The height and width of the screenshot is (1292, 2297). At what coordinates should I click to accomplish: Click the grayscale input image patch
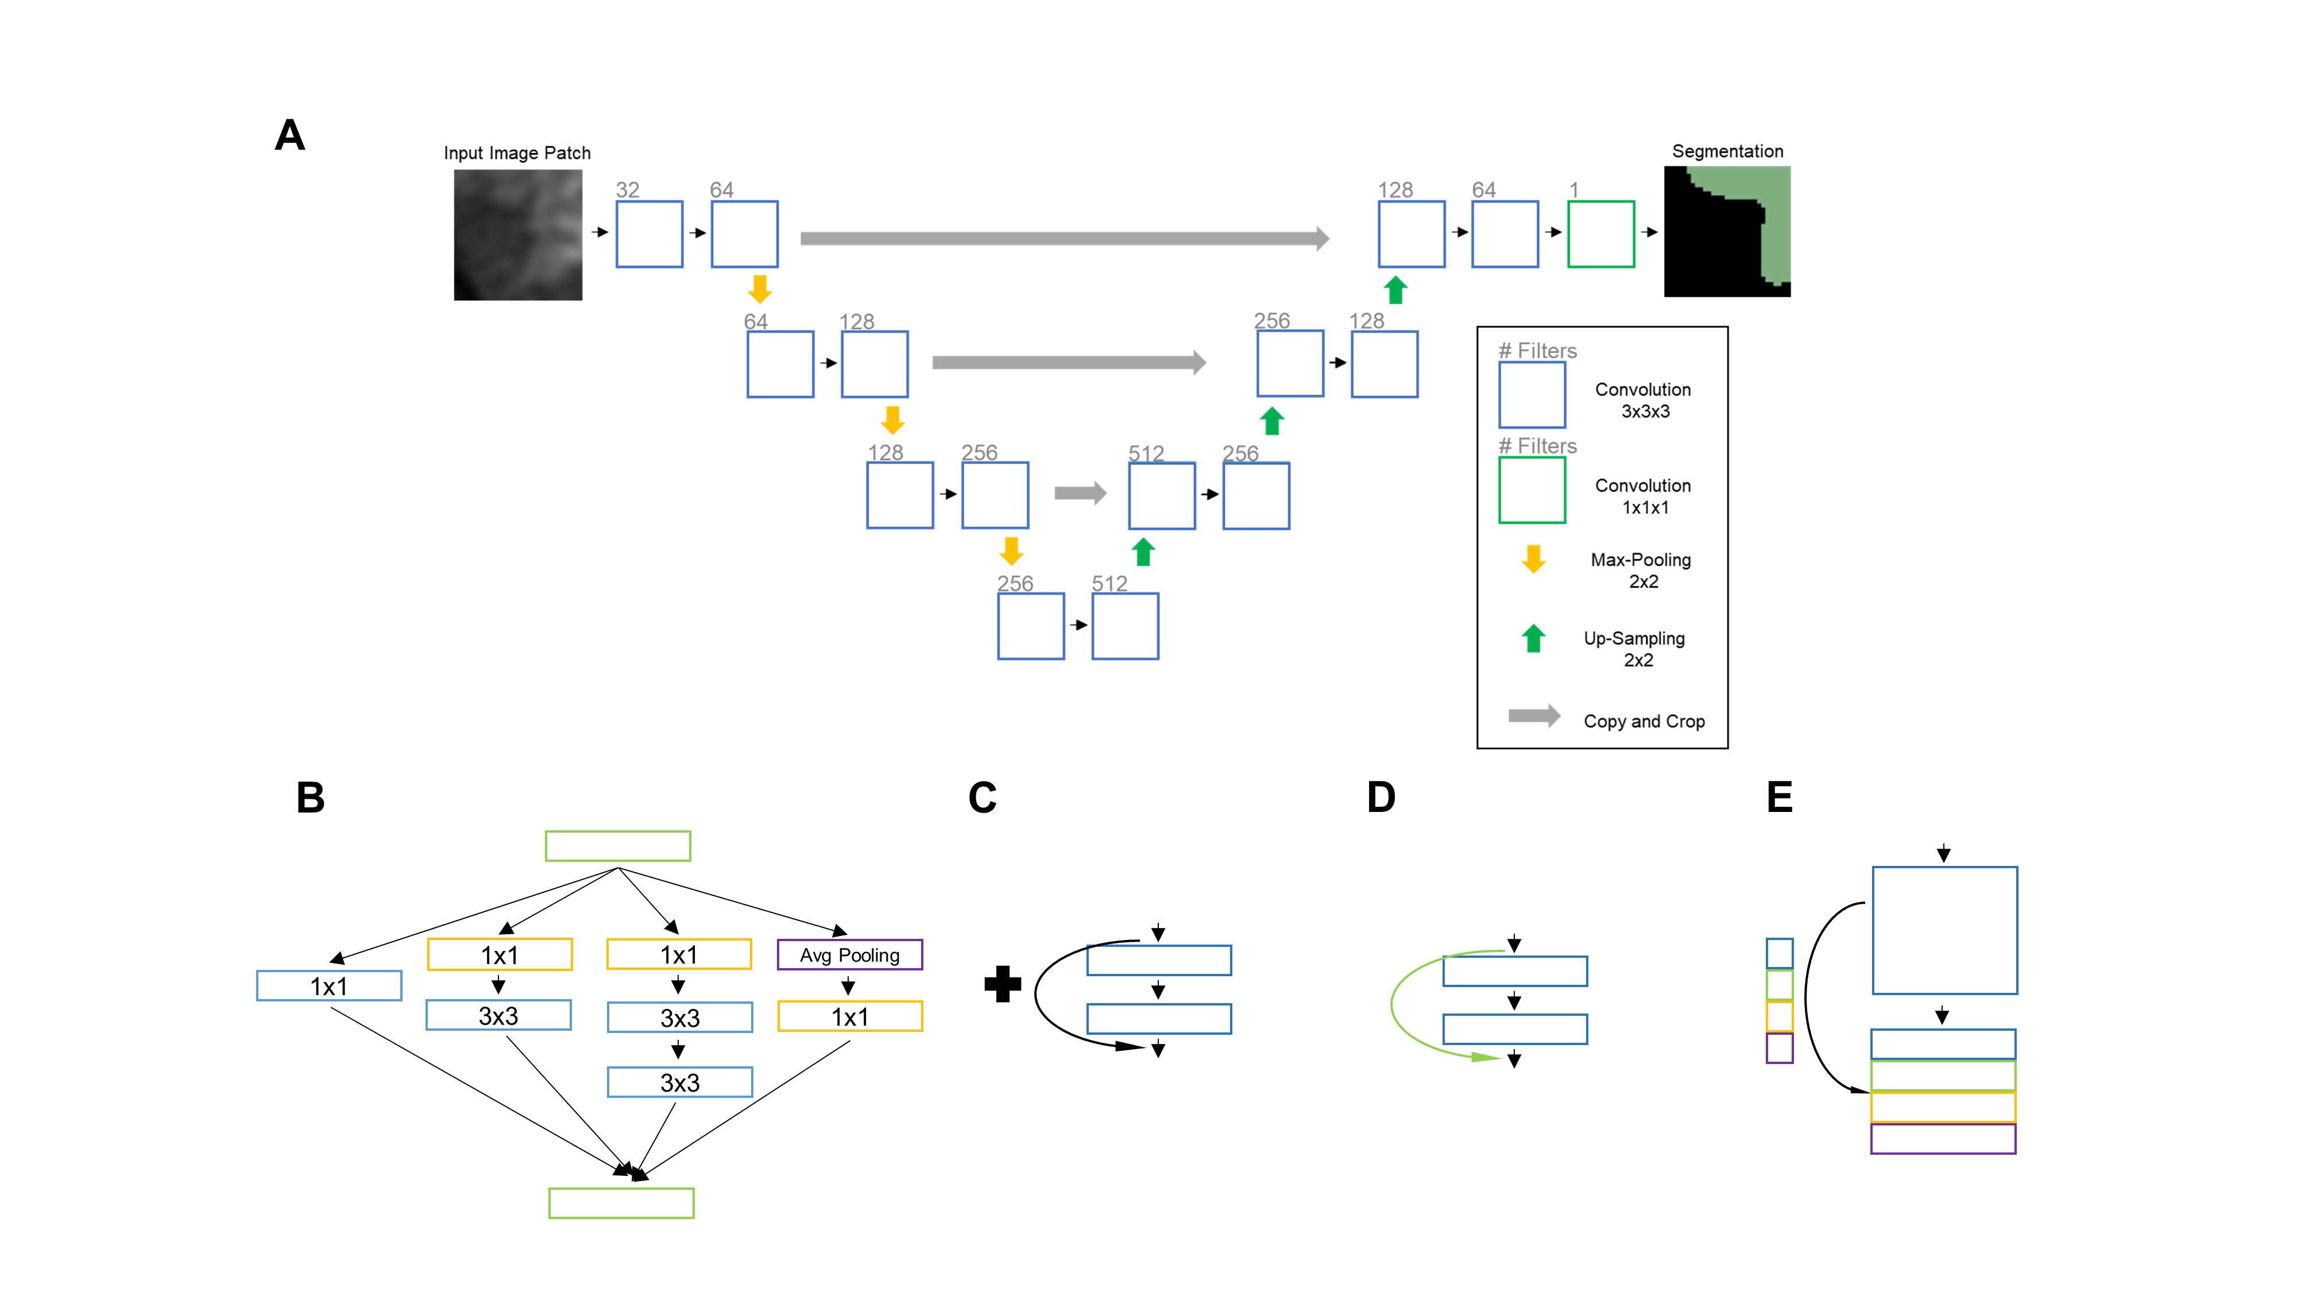(x=517, y=234)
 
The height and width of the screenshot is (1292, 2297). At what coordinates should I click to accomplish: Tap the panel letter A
(x=290, y=136)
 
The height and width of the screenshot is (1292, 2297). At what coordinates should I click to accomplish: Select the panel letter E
(x=1779, y=797)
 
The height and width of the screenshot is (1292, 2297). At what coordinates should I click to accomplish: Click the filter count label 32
(x=628, y=190)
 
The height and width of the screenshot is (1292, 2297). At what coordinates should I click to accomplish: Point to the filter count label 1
(x=1574, y=190)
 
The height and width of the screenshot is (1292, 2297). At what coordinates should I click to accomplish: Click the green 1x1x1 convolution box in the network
(x=1600, y=234)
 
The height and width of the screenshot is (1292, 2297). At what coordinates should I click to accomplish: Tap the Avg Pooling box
(x=849, y=954)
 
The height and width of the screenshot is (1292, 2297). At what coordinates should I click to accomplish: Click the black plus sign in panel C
(x=1002, y=984)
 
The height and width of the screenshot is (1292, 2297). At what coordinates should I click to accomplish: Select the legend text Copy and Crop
(x=1644, y=721)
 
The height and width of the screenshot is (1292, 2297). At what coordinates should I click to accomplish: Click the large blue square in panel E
(x=1944, y=930)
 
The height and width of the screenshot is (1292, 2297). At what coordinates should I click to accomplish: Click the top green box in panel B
(x=617, y=845)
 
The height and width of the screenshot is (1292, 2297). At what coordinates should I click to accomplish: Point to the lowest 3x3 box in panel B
(x=679, y=1082)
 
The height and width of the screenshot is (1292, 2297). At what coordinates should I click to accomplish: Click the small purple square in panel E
(x=1779, y=1048)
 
